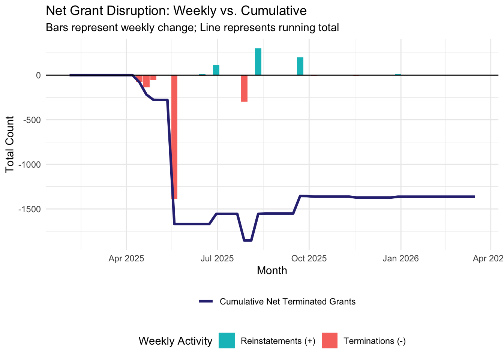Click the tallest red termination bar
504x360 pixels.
pyautogui.click(x=174, y=137)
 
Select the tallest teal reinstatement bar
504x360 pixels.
pyautogui.click(x=258, y=62)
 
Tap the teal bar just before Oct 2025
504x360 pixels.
pyautogui.click(x=300, y=66)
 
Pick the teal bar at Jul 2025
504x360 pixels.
pyautogui.click(x=216, y=70)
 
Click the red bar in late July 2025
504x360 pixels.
pyautogui.click(x=244, y=88)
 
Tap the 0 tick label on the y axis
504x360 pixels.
pyautogui.click(x=38, y=75)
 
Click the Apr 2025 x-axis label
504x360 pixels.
pyautogui.click(x=126, y=258)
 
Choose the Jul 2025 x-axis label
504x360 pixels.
pyautogui.click(x=217, y=258)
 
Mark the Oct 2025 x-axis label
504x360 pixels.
pyautogui.click(x=309, y=258)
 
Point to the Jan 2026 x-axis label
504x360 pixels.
pyautogui.click(x=400, y=258)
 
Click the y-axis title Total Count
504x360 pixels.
pyautogui.click(x=10, y=144)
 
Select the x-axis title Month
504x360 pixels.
pyautogui.click(x=272, y=271)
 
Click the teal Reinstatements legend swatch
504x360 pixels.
pyautogui.click(x=227, y=340)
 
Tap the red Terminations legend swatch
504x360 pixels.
pyautogui.click(x=330, y=340)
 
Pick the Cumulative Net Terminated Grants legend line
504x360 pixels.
pyautogui.click(x=206, y=301)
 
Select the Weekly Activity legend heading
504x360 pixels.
pyautogui.click(x=175, y=341)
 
